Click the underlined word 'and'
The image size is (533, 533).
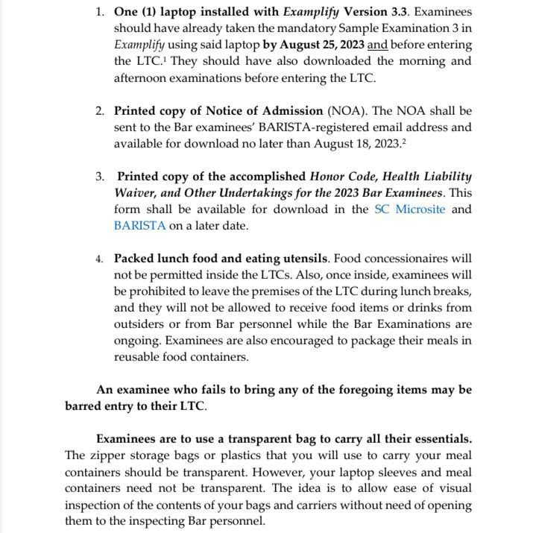378,45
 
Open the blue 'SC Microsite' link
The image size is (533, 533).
409,209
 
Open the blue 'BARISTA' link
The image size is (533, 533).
140,226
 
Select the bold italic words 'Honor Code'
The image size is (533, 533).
344,177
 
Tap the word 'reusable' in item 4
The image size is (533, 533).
139,357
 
